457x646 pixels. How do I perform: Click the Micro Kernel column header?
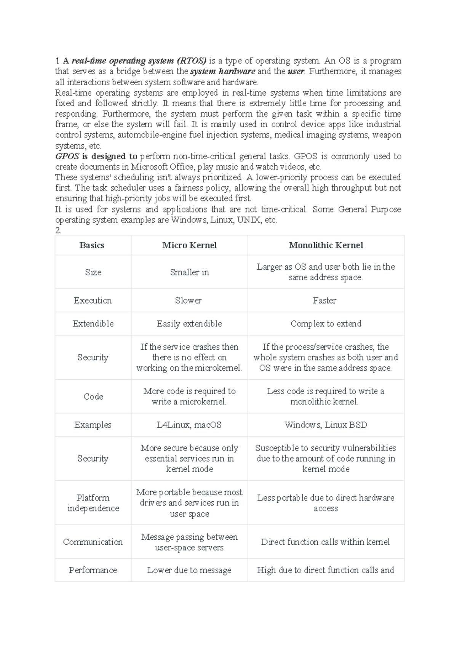pyautogui.click(x=189, y=245)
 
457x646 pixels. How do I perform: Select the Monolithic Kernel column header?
pyautogui.click(x=326, y=245)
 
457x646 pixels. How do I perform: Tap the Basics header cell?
pyautogui.click(x=92, y=245)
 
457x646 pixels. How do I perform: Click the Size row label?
pyautogui.click(x=93, y=272)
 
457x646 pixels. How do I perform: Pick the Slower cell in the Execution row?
pyautogui.click(x=188, y=301)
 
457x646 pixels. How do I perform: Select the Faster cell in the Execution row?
pyautogui.click(x=324, y=301)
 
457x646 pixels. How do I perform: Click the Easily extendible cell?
pyautogui.click(x=189, y=324)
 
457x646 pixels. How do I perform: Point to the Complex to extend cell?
pyautogui.click(x=326, y=324)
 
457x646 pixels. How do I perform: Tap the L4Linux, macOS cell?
pyautogui.click(x=189, y=425)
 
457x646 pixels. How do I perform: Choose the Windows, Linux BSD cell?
pyautogui.click(x=326, y=425)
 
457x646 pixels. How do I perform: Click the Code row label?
pyautogui.click(x=93, y=397)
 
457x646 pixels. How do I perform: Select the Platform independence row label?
pyautogui.click(x=93, y=503)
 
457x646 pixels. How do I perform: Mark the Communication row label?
pyautogui.click(x=93, y=542)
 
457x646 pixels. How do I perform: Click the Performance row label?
pyautogui.click(x=93, y=570)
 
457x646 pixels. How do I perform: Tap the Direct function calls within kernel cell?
pyautogui.click(x=325, y=542)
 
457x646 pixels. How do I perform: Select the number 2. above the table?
pyautogui.click(x=58, y=230)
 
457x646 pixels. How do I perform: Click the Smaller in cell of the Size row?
pyautogui.click(x=189, y=272)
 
